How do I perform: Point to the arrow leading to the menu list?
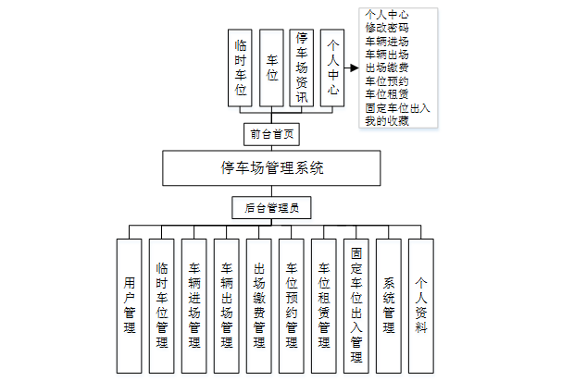coord(352,68)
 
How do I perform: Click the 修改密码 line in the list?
coord(388,29)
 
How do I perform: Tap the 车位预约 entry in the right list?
coord(388,81)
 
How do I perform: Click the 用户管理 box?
coord(130,305)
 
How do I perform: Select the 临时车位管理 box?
coord(162,305)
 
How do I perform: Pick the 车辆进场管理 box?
coord(194,305)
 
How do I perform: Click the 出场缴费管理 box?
coord(259,305)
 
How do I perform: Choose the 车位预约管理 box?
coord(292,305)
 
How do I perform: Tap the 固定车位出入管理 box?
coord(356,305)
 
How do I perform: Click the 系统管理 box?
coord(389,305)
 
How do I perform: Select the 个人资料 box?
coord(421,305)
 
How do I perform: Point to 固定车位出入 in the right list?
coord(398,108)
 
